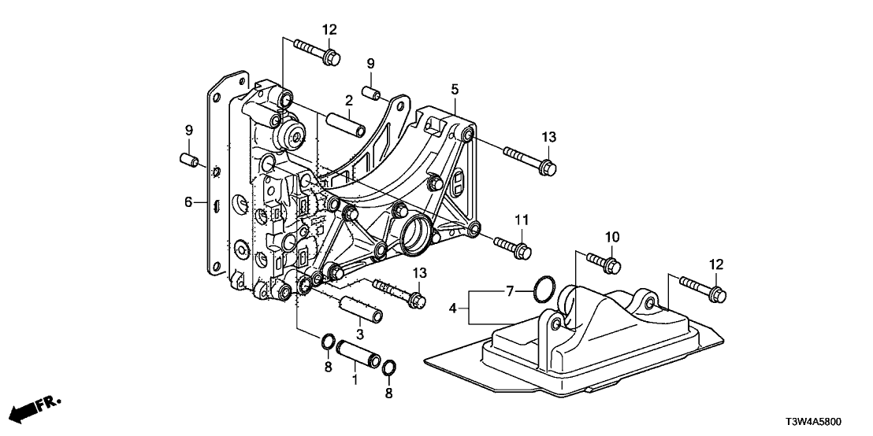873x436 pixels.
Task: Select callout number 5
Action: click(455, 90)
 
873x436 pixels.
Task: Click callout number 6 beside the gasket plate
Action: click(188, 202)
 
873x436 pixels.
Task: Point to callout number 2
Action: click(347, 100)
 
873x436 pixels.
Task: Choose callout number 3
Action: click(360, 334)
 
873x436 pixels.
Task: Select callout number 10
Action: click(613, 237)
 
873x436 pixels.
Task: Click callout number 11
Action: click(520, 218)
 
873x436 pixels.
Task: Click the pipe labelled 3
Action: click(360, 310)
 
